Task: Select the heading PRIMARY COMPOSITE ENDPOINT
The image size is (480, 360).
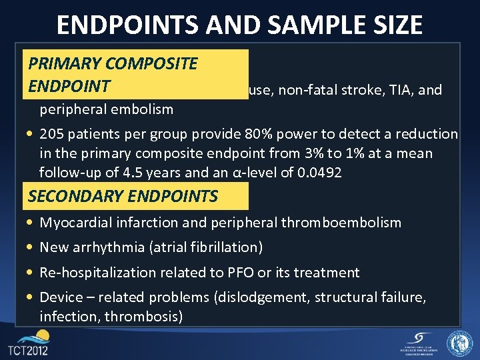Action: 112,75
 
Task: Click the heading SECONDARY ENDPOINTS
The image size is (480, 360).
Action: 123,197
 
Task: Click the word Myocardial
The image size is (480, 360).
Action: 73,223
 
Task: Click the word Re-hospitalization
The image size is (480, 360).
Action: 94,273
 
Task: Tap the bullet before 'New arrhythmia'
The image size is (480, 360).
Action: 31,248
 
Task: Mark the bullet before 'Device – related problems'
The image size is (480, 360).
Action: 31,297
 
